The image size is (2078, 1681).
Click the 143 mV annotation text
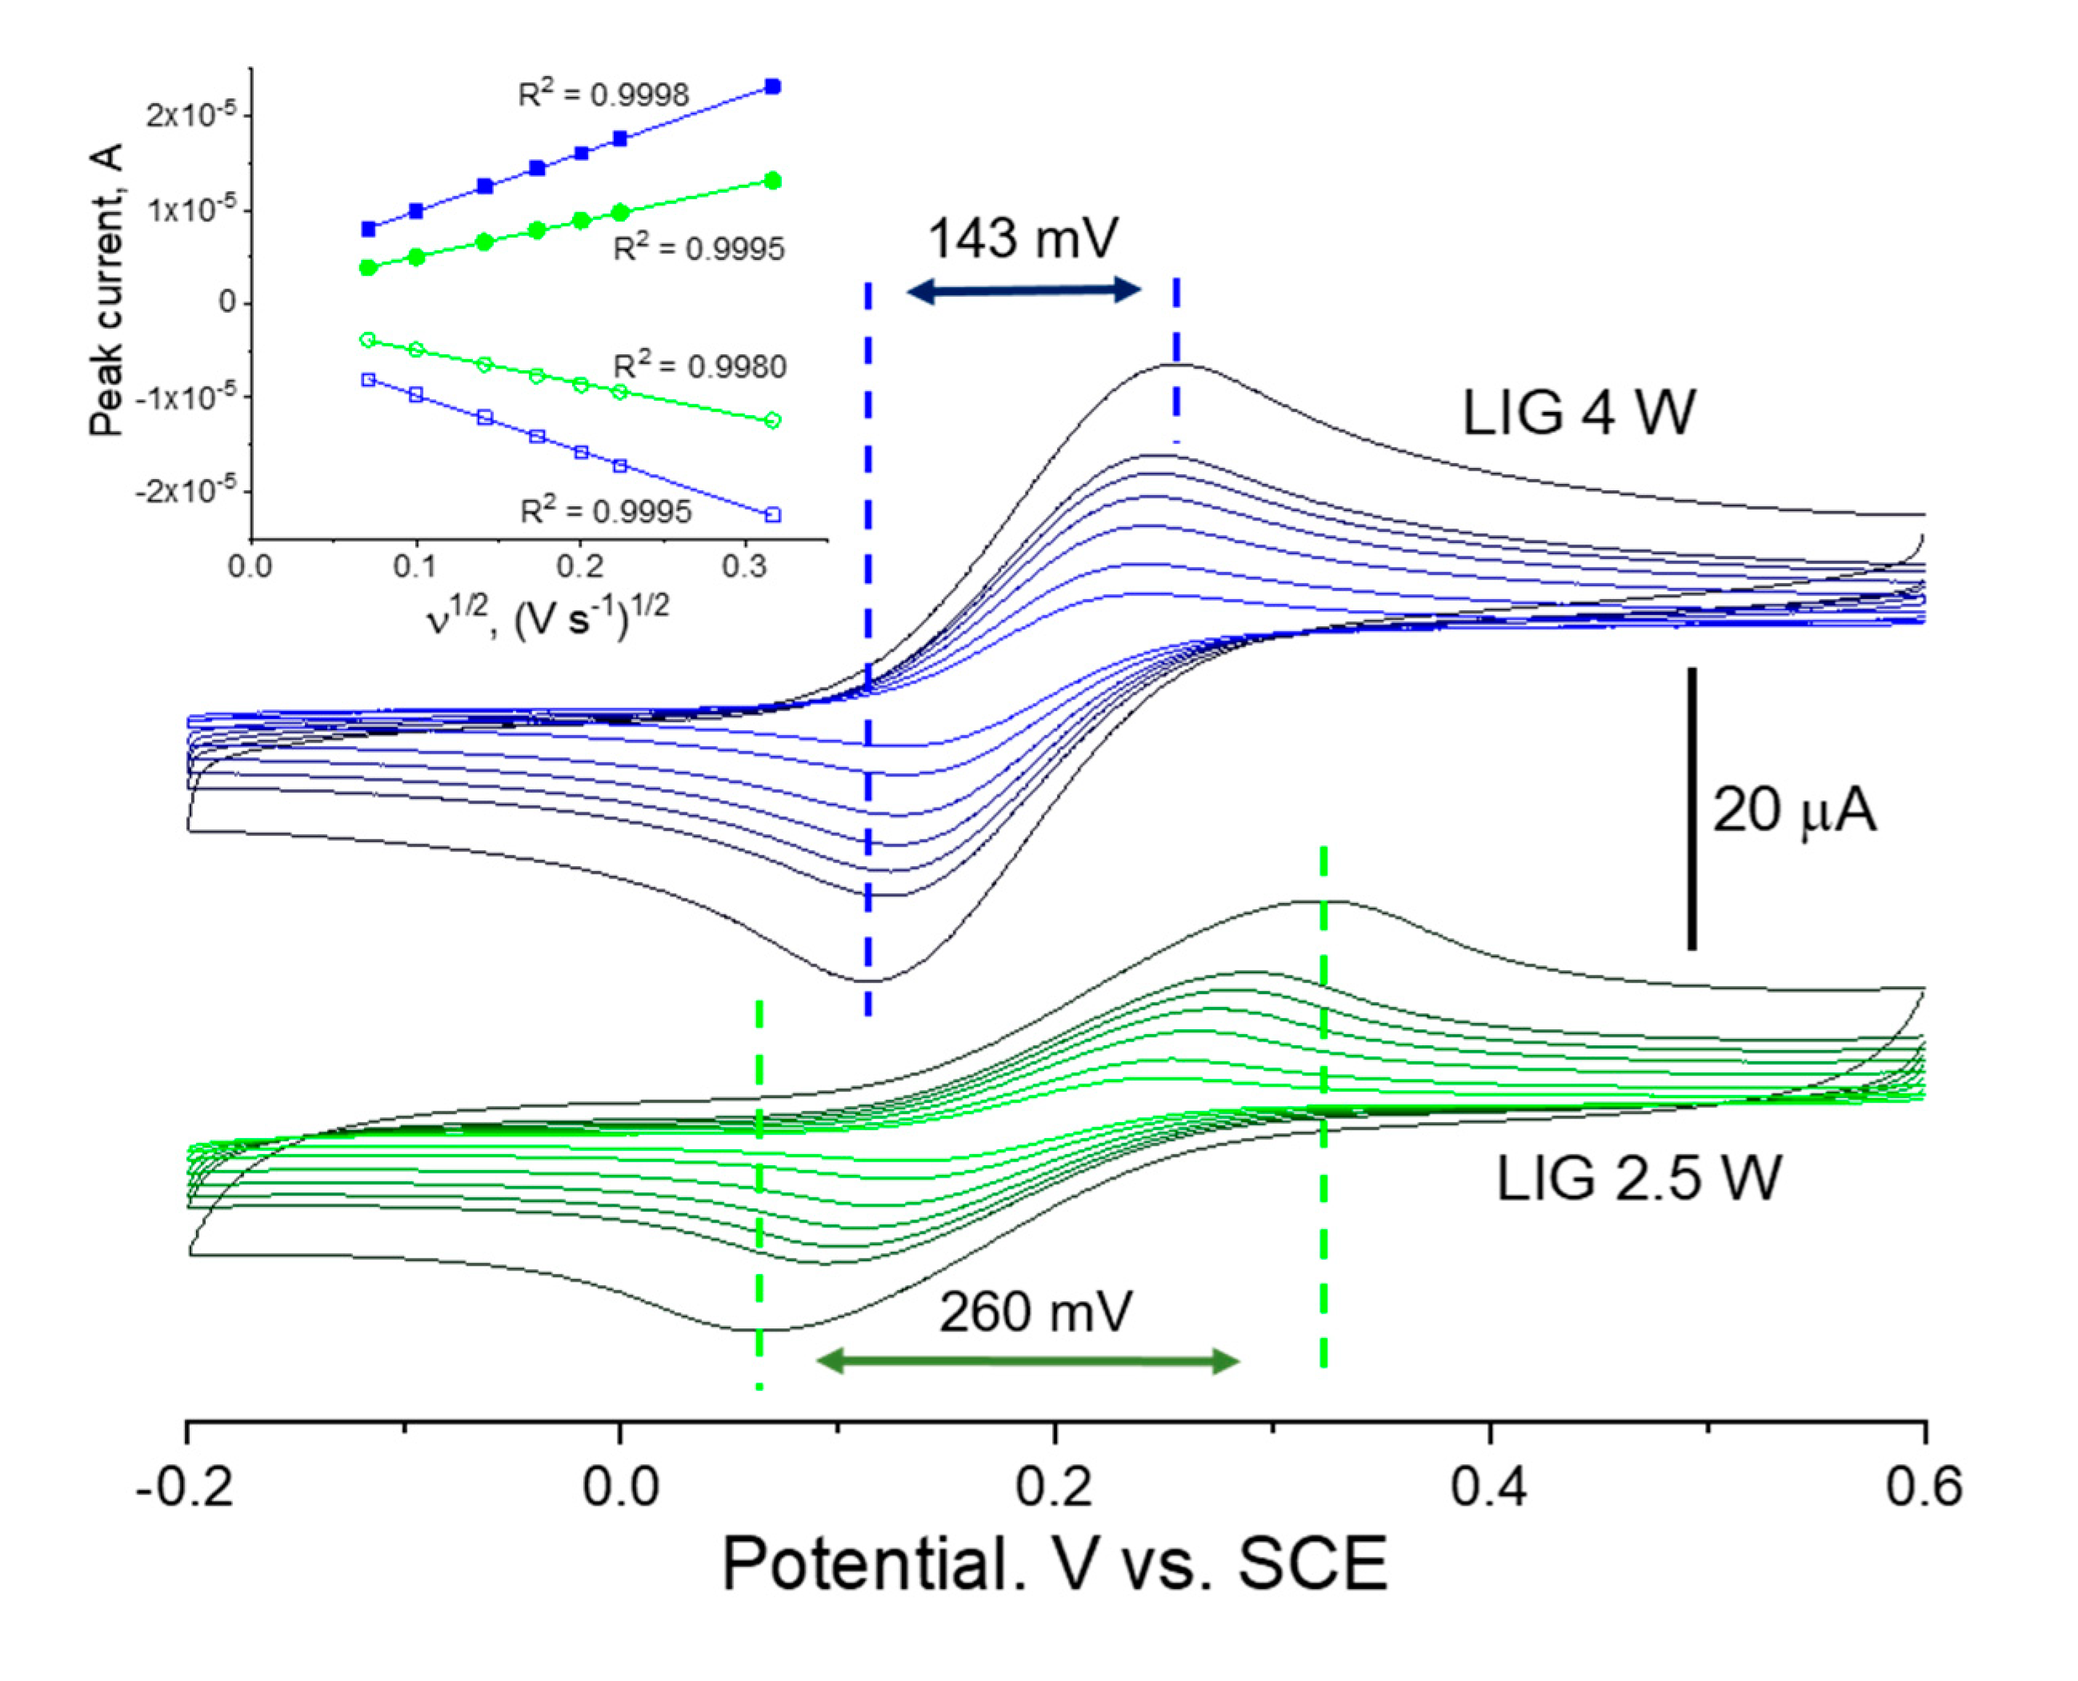(x=1023, y=238)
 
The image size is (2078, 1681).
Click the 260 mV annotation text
(x=1035, y=1313)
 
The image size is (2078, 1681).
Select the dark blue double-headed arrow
(x=1023, y=289)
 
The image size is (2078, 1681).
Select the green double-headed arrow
(x=1027, y=1361)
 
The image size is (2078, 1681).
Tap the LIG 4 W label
(x=1578, y=413)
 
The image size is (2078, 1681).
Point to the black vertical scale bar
(x=1692, y=808)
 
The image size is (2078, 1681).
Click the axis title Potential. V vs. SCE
(x=1054, y=1566)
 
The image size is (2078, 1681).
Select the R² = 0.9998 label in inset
(x=603, y=94)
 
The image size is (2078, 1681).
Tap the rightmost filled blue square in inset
(x=772, y=87)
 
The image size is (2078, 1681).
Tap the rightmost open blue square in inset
(x=772, y=515)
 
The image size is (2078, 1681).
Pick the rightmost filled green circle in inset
(x=772, y=181)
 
